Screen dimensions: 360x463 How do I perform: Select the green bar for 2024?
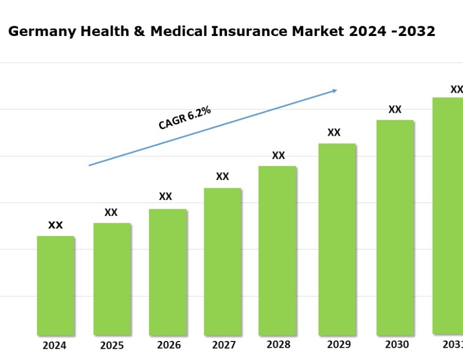(x=56, y=285)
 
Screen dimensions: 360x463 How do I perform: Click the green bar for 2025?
(x=112, y=279)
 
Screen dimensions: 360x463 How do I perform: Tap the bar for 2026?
(x=168, y=272)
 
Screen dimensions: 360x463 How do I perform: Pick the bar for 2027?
(x=222, y=261)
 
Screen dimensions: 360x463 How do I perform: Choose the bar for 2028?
(x=277, y=250)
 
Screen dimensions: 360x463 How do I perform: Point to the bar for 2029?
(x=337, y=239)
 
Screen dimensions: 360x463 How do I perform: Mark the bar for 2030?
(x=395, y=227)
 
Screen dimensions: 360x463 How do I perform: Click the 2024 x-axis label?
(x=55, y=346)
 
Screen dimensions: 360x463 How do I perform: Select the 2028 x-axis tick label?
(x=278, y=345)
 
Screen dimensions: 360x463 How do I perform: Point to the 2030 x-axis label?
(x=397, y=345)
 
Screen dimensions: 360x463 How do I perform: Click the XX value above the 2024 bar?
(x=56, y=225)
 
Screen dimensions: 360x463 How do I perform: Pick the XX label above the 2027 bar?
(x=222, y=177)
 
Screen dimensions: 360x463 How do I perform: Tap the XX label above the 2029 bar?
(x=334, y=133)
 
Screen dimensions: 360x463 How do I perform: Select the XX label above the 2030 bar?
(x=395, y=110)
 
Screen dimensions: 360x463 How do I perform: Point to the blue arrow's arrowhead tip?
(x=336, y=90)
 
